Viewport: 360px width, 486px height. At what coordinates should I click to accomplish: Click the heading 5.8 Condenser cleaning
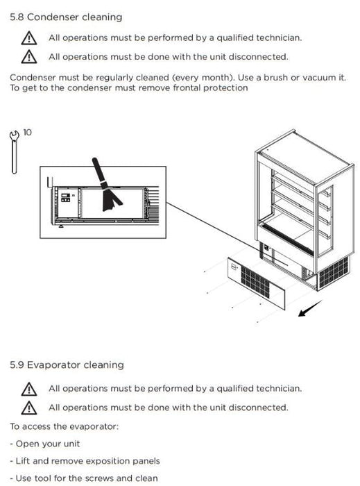point(66,17)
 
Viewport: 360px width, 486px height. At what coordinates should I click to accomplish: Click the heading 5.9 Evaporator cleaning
point(67,364)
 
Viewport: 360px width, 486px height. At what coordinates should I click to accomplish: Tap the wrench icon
point(14,152)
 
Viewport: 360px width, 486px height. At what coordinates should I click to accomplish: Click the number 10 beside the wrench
point(27,133)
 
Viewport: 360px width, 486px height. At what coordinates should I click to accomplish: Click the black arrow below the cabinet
point(309,308)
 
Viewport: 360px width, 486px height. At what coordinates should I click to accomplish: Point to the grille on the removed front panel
point(255,282)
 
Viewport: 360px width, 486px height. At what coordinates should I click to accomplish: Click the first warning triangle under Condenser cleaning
point(29,38)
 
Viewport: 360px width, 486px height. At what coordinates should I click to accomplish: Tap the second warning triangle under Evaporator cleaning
point(29,408)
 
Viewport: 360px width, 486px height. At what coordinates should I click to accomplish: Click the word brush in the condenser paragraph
point(275,78)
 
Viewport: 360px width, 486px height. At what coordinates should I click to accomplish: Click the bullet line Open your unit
point(45,444)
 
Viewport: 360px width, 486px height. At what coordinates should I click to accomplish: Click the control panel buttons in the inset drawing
point(65,197)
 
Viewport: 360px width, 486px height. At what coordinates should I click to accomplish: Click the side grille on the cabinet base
point(334,272)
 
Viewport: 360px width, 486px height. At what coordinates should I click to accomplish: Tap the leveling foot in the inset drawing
point(61,226)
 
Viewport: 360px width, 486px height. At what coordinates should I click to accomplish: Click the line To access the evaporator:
point(65,426)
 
